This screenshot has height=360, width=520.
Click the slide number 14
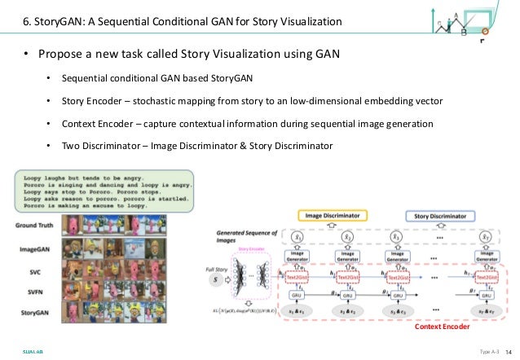click(x=508, y=350)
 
